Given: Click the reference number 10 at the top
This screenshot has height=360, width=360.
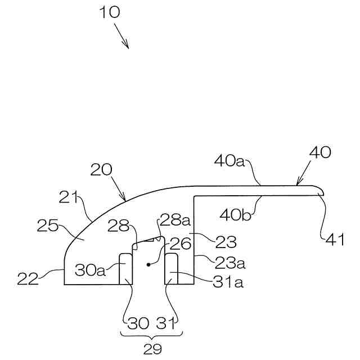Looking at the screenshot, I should point(110,12).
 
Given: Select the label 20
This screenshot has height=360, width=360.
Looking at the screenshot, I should point(101,170).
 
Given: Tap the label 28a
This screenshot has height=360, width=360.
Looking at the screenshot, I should point(171,218).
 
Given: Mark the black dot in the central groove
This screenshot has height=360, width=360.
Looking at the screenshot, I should point(149,263).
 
